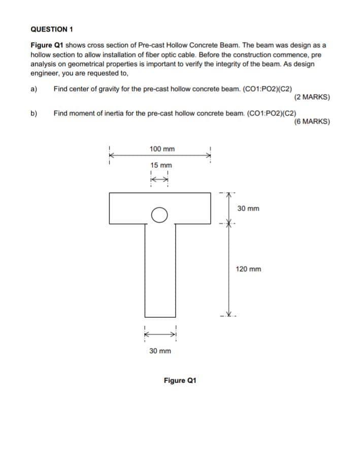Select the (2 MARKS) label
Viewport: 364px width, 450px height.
(x=312, y=97)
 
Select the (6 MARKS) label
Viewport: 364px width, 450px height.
(x=312, y=122)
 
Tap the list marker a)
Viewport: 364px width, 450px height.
(x=35, y=89)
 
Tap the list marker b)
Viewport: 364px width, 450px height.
(x=35, y=113)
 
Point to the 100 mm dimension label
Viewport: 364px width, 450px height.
(x=162, y=149)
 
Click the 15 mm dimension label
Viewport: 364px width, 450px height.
(x=161, y=165)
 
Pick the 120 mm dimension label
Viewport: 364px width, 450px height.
(x=248, y=269)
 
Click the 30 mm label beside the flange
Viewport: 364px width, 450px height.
(x=248, y=208)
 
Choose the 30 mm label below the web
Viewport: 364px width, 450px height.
(x=160, y=351)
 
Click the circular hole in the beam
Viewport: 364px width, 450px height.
(x=159, y=216)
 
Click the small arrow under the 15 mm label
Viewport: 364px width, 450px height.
(x=159, y=179)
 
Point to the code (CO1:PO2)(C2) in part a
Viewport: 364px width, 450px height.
(x=272, y=89)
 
